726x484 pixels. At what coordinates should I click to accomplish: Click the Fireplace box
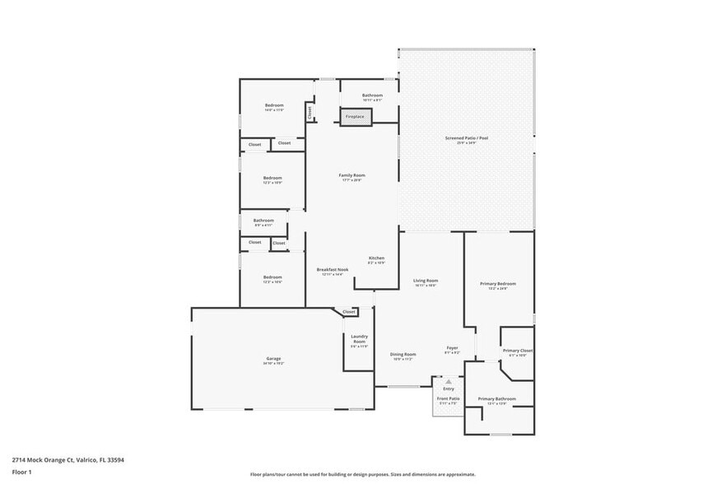(x=355, y=117)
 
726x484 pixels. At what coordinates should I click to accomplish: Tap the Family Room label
(x=351, y=175)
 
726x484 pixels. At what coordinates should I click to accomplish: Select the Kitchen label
(x=376, y=258)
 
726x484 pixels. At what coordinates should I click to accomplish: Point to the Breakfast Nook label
(x=332, y=270)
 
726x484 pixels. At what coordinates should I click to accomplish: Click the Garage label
(x=273, y=359)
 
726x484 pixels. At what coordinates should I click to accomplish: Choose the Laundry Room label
(x=359, y=338)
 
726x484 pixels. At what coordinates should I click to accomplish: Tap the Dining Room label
(x=403, y=354)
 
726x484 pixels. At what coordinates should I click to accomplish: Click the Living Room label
(x=426, y=281)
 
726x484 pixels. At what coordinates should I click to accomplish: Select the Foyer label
(x=452, y=347)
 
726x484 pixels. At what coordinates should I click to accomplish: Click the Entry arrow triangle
(x=449, y=382)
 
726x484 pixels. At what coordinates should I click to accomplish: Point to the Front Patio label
(x=449, y=398)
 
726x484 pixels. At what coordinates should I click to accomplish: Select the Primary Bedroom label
(x=498, y=284)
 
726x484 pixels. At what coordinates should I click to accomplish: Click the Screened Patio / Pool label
(x=467, y=138)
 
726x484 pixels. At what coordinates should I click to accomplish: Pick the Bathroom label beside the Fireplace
(x=372, y=95)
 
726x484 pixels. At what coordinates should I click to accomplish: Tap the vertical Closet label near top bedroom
(x=309, y=111)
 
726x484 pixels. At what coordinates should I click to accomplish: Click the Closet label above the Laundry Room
(x=349, y=312)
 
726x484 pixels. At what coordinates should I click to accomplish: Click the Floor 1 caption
(x=21, y=472)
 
